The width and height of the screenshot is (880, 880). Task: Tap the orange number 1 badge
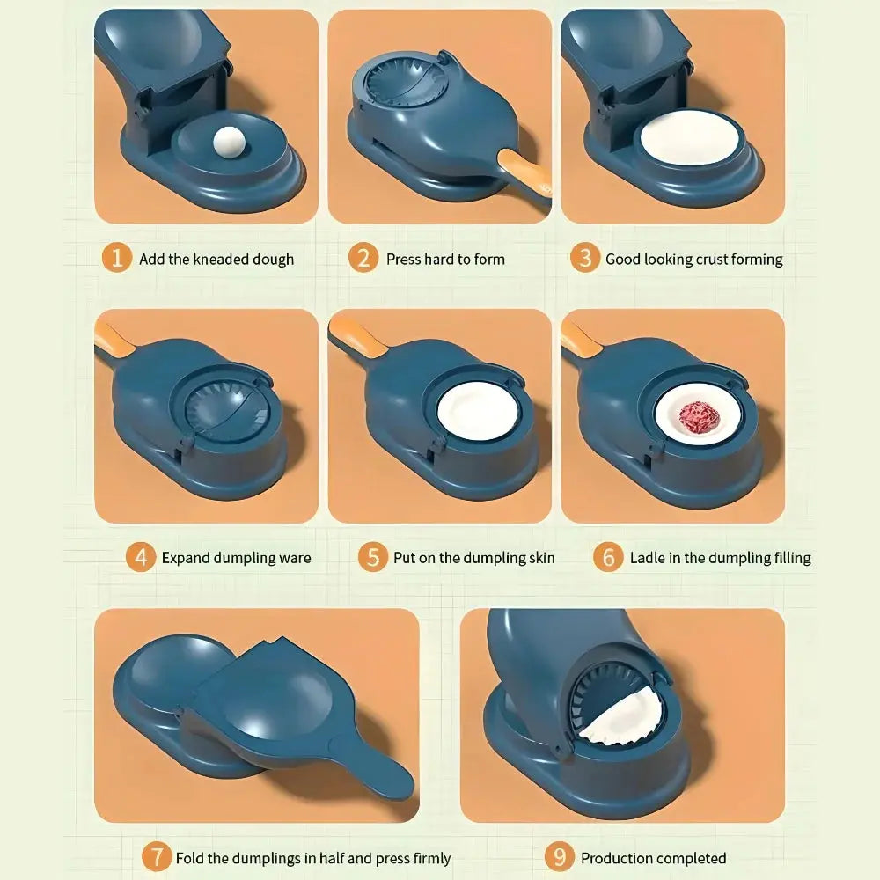pyautogui.click(x=117, y=258)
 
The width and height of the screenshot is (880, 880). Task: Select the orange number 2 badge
pyautogui.click(x=363, y=258)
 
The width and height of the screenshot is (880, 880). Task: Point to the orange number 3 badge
pyautogui.click(x=585, y=258)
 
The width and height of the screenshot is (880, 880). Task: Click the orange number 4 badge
pyautogui.click(x=141, y=557)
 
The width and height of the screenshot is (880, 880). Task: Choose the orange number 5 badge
pyautogui.click(x=372, y=557)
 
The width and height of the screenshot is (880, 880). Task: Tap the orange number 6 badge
pyautogui.click(x=608, y=557)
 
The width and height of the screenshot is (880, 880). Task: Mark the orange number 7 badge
pyautogui.click(x=156, y=857)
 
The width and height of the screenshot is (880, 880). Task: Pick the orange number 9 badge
pyautogui.click(x=560, y=857)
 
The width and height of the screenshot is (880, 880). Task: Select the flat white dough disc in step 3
pyautogui.click(x=693, y=136)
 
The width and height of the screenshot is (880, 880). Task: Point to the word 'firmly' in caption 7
pyautogui.click(x=431, y=859)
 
